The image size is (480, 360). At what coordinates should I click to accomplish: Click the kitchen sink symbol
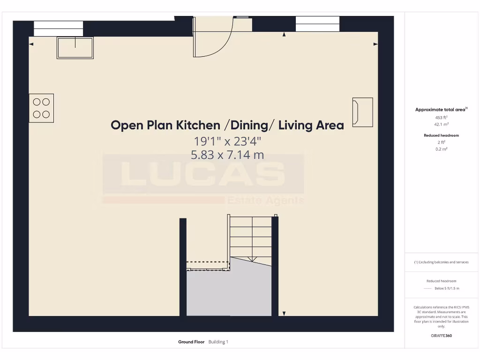click(75, 47)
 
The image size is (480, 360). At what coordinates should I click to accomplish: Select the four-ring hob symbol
click(41, 108)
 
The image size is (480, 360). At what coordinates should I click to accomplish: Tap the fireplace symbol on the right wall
click(362, 112)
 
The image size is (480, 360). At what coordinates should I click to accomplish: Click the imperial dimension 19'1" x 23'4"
click(227, 141)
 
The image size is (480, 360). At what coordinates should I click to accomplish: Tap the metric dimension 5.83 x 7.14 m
click(227, 154)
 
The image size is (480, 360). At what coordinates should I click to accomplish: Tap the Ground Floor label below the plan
click(191, 342)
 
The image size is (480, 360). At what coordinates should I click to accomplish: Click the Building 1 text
click(218, 342)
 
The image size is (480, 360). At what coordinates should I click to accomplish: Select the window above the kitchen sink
click(59, 28)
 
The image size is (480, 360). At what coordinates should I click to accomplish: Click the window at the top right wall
click(317, 24)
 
